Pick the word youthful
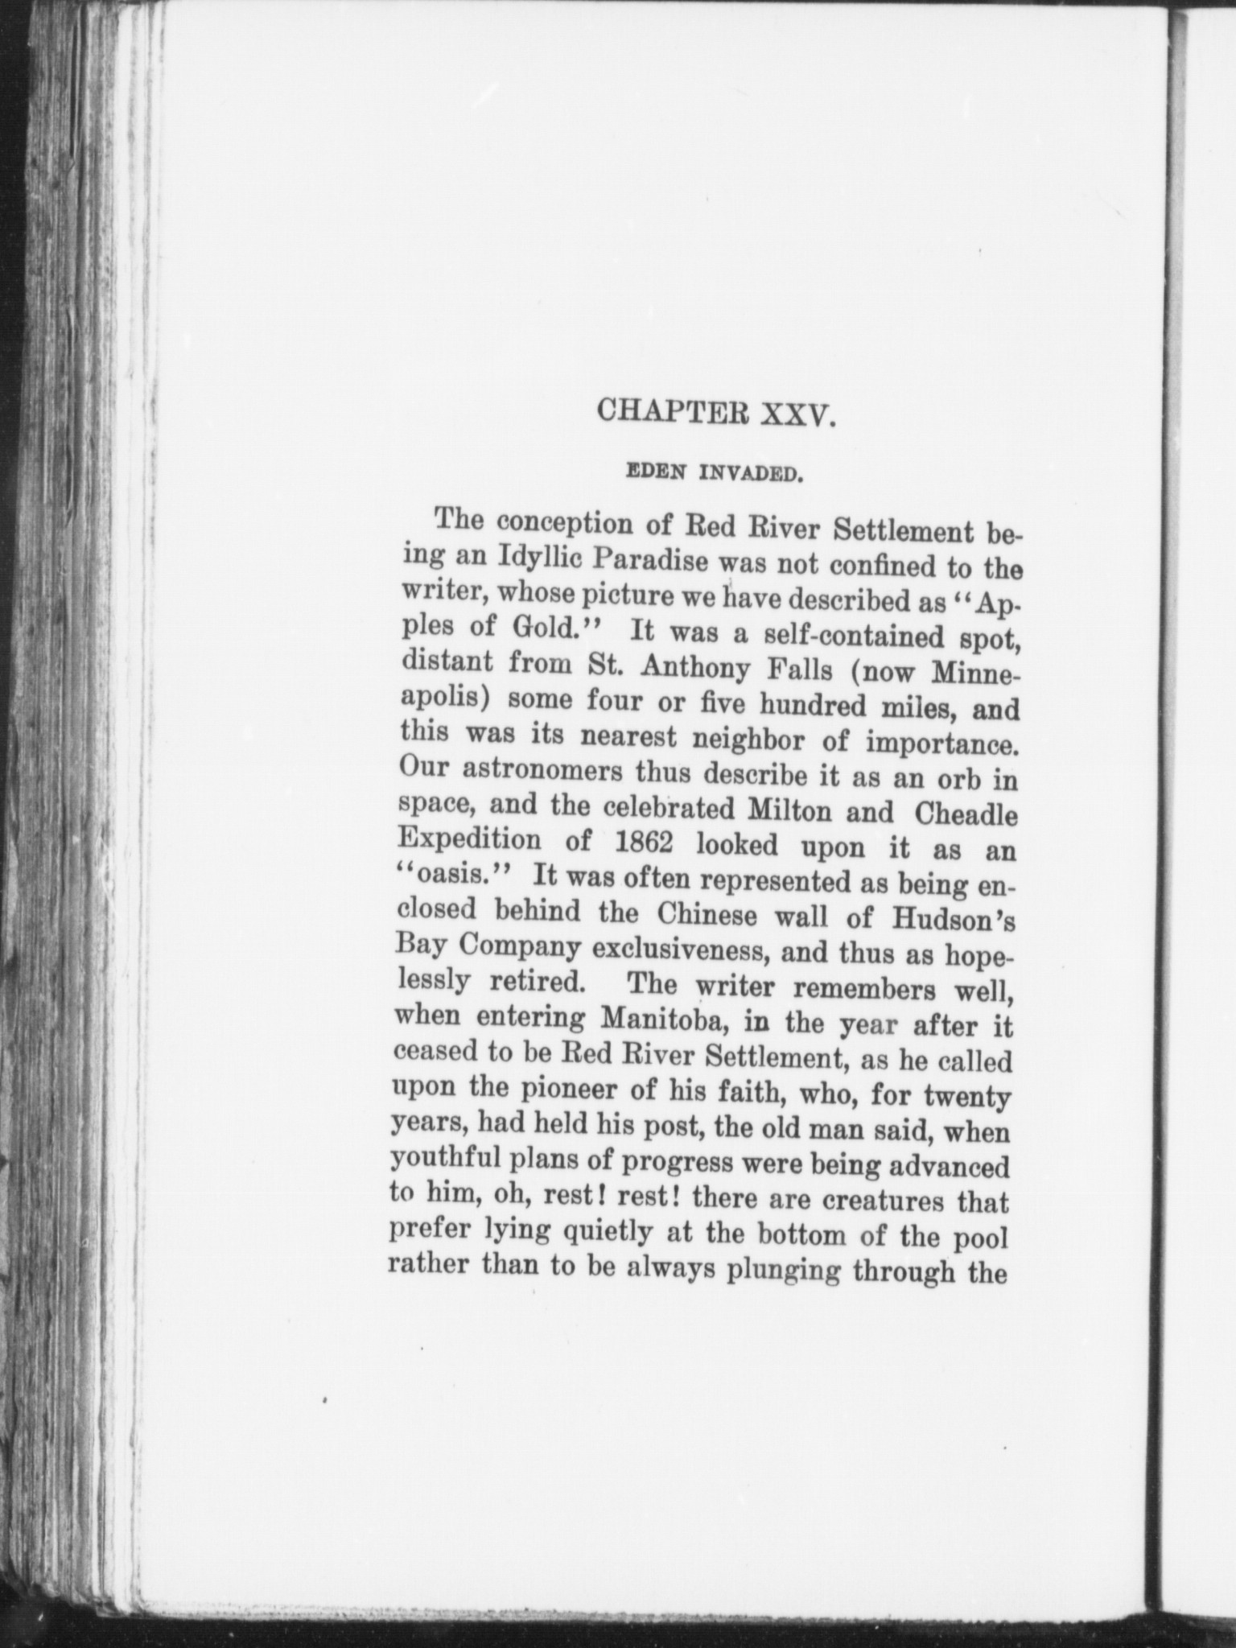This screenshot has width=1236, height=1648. coord(449,1159)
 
